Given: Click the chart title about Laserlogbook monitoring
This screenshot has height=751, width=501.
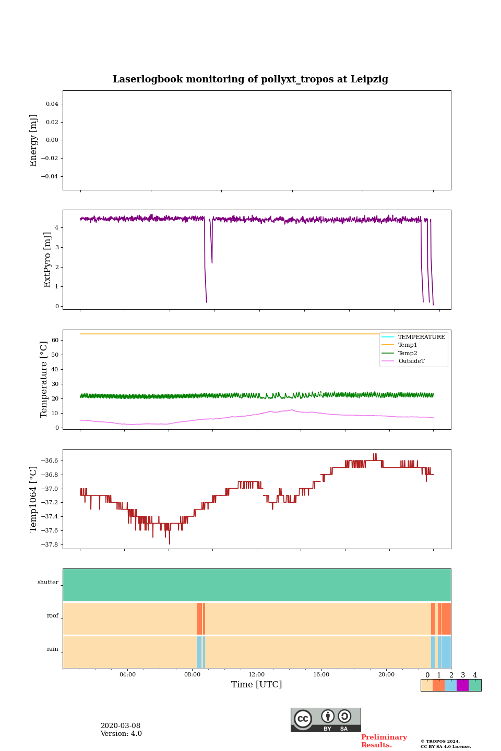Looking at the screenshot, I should point(250,79).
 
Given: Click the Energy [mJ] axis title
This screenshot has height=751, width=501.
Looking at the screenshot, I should point(34,140).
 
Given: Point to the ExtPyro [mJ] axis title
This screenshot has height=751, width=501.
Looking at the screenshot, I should point(47,260).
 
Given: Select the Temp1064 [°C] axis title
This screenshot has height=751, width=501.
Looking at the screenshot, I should point(34,499).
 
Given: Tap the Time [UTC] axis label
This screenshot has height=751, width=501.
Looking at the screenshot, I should point(256,684).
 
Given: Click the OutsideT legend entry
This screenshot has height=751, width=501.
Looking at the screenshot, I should point(411,361).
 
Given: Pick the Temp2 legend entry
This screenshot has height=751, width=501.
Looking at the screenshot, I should point(408,353).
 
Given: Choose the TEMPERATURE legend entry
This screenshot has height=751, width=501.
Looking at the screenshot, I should point(421,337).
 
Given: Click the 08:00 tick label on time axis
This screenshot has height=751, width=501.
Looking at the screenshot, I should point(192,674).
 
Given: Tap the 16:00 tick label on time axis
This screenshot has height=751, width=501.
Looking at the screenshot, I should point(321,674).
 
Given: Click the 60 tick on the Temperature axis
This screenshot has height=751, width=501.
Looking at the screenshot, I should point(55,340).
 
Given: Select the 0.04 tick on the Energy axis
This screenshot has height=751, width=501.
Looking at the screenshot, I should point(52,104).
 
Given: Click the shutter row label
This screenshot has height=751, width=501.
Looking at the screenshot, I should point(48,582).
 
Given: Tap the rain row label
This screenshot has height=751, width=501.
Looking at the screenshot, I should point(53,649).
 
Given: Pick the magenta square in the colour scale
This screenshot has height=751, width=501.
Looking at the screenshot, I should point(462,685).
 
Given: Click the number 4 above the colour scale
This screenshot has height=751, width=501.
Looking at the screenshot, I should point(475,675).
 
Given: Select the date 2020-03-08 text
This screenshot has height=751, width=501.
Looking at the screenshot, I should point(121,725).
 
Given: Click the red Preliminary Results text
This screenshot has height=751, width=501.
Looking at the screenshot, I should point(384,741).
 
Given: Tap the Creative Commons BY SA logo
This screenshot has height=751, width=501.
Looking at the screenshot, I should point(326,720).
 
